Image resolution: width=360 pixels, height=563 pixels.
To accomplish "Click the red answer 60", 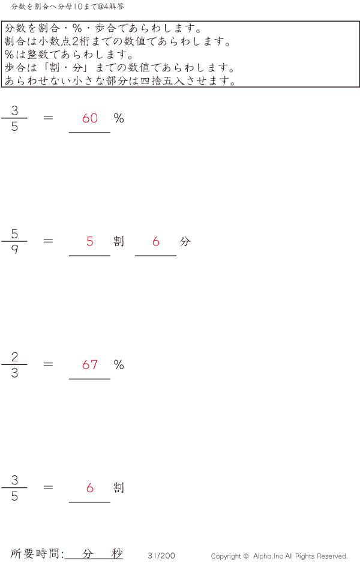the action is coord(90,118).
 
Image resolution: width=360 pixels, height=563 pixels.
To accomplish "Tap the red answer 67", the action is coord(90,365).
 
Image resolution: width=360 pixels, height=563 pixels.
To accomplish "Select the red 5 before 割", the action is coord(90,241).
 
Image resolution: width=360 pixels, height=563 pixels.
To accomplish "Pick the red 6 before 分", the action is coord(156,241).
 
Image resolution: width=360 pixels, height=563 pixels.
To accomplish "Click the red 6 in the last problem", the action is coord(90,488).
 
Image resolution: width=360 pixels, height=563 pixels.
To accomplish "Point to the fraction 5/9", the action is coord(14,241).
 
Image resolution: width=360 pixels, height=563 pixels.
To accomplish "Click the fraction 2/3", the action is coord(14,365).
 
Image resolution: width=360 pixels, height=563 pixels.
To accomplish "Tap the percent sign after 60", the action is coord(119,118).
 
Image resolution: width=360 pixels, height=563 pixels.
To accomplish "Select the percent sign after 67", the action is coord(119,365).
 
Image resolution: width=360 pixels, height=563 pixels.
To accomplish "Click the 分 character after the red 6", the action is coord(185,241).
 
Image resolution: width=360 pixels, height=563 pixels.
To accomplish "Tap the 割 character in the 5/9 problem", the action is coord(119,241).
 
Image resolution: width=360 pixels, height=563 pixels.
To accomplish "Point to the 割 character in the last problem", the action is coord(119,488).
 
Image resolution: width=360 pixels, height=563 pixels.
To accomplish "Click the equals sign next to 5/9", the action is coord(48,241).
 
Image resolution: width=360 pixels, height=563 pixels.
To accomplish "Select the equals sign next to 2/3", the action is coord(48,364).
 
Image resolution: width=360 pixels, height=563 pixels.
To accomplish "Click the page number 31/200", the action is coord(161,556).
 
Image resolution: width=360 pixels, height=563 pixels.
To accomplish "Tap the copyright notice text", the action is coord(279,556).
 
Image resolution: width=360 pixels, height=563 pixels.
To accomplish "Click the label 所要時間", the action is coord(35,553).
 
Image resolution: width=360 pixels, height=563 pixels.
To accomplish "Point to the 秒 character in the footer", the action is coord(117,553).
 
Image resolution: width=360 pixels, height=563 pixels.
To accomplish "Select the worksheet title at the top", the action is coord(67,7).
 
